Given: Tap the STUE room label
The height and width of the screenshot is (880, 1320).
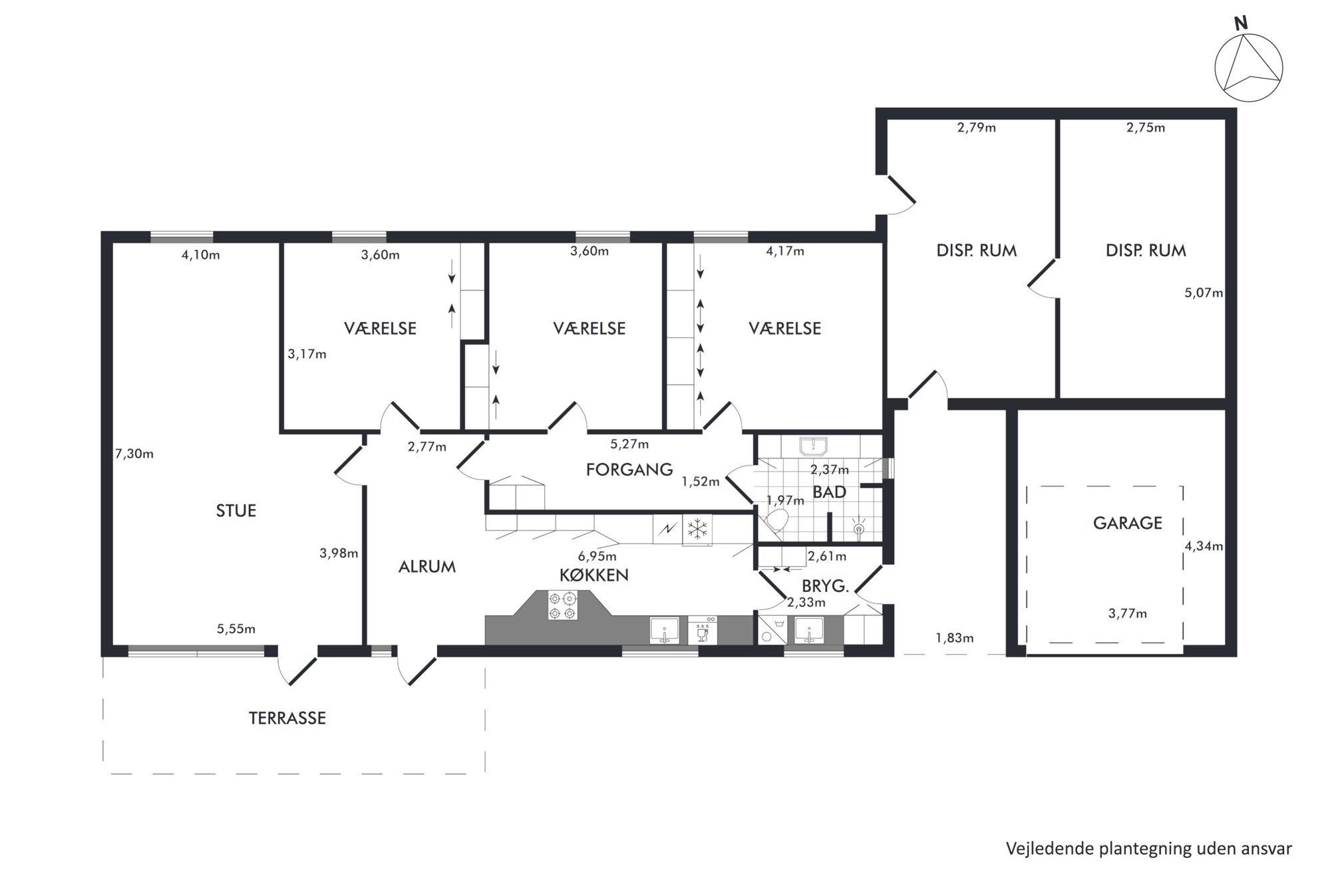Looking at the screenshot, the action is pos(236,511).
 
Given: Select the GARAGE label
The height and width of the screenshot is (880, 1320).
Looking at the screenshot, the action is pos(1127,523).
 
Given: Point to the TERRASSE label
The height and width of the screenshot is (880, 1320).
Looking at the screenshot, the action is pos(287,718).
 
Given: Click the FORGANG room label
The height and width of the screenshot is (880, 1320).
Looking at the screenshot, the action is pos(629,470).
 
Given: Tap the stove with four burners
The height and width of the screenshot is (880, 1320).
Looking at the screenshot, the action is pos(562,605).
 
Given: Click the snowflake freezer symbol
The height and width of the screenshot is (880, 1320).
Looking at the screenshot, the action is pos(697,529).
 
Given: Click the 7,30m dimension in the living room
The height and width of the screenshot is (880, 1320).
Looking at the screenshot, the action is pos(134,454).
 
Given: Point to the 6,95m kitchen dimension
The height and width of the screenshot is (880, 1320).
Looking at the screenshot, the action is pos(597,556).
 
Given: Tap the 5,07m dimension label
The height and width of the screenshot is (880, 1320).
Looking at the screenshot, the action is pos(1204,293).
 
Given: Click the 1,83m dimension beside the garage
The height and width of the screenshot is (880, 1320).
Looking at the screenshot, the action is pos(955,639).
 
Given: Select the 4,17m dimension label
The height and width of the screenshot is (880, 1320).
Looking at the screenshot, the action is pos(785,251).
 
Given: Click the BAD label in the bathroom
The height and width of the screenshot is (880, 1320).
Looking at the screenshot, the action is pos(830,492).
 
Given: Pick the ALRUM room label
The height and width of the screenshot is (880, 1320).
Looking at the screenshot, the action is pos(427,567).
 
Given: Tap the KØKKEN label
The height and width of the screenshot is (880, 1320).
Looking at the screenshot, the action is pos(594,575).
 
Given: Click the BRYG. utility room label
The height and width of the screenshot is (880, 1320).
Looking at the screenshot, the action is pos(825,587).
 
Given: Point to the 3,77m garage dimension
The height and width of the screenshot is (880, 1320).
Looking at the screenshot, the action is pos(1128,614).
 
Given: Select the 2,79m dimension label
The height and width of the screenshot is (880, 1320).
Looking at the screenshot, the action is pos(977,128).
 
